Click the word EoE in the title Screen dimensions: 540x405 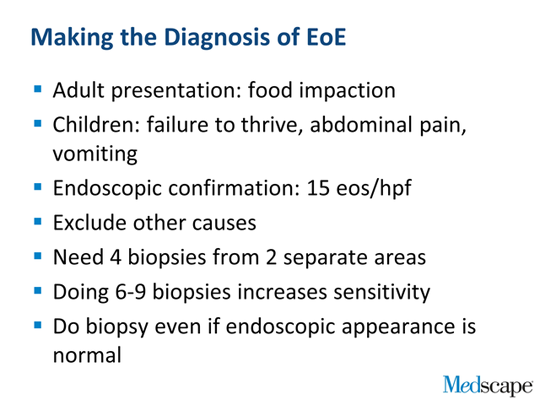pos(326,37)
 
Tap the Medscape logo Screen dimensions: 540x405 pos(488,385)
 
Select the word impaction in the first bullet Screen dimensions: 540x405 pos(347,91)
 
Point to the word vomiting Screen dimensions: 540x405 pos(95,154)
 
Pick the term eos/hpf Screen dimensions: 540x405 pos(374,189)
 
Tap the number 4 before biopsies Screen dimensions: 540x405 pos(115,257)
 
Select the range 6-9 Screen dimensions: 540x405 pos(130,292)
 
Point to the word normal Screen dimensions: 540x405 pos(87,355)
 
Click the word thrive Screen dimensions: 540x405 pos(269,124)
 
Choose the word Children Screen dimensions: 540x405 pos(96,124)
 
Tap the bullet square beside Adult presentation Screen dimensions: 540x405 pos(38,89)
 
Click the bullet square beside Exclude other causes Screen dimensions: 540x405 pos(38,221)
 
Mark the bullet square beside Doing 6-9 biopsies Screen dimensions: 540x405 pos(38,291)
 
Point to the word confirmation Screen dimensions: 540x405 pos(234,188)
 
